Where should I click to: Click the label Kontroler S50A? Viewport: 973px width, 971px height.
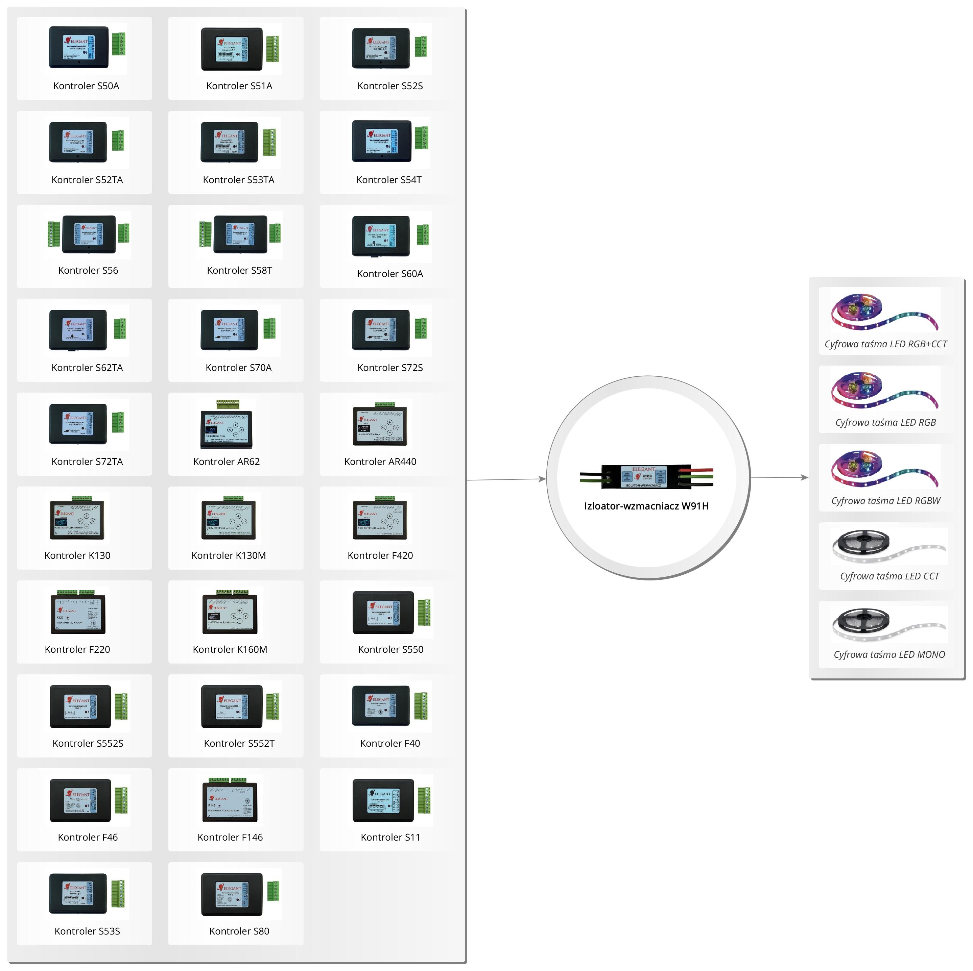[x=86, y=86]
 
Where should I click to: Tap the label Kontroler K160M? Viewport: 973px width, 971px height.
[x=230, y=649]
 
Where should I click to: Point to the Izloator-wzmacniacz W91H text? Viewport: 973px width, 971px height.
[x=646, y=506]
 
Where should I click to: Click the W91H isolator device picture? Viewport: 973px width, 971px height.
[x=646, y=476]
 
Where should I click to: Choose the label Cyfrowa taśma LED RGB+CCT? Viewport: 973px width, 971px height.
[x=885, y=344]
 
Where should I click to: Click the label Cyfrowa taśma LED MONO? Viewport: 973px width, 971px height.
[x=889, y=654]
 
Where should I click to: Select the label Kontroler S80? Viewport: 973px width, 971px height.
[x=239, y=931]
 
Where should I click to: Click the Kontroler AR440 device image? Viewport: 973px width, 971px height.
[x=380, y=426]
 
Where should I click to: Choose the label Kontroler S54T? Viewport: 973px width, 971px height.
[x=389, y=180]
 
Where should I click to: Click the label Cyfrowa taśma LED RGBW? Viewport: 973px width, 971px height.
[x=885, y=501]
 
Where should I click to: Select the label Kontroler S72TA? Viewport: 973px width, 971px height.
[x=87, y=462]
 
